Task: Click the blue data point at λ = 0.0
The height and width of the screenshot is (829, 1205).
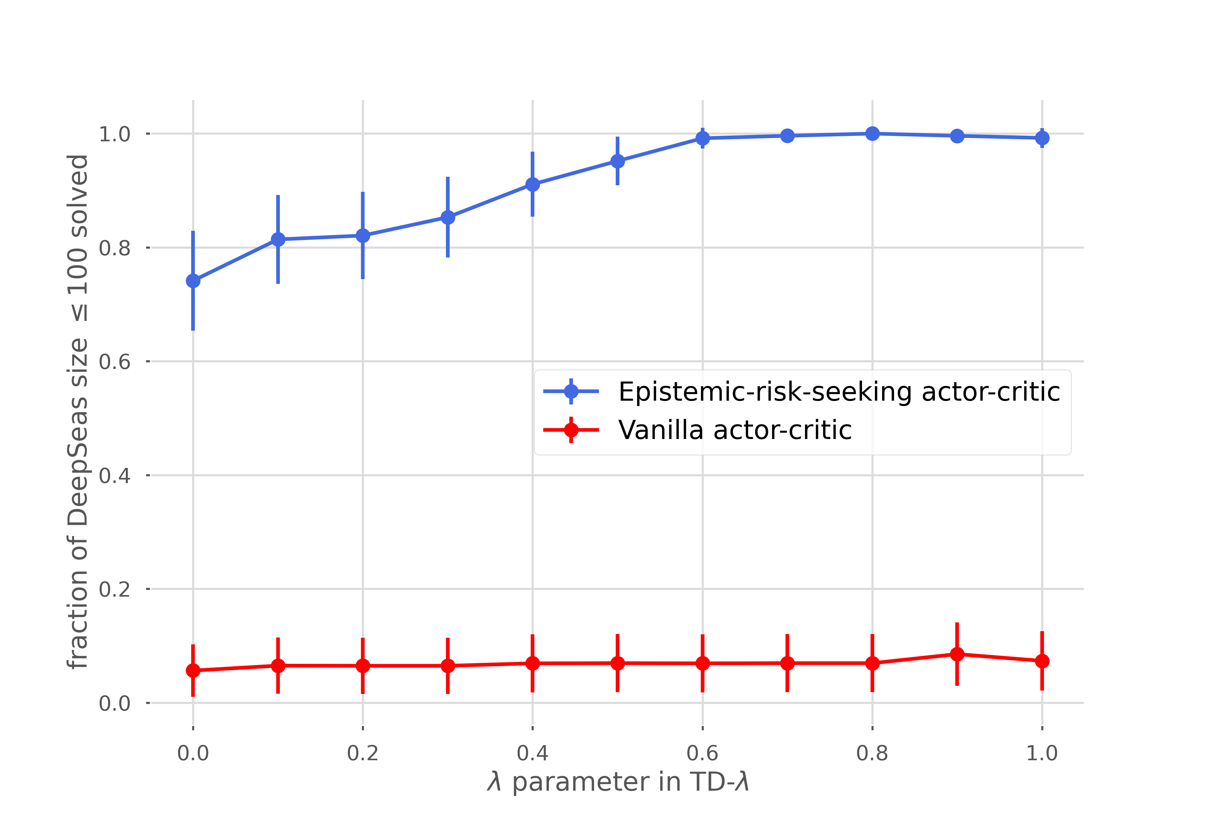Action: click(193, 281)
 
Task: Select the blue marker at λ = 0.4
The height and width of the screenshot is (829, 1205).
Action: click(533, 184)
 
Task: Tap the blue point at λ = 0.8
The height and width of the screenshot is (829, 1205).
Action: click(872, 133)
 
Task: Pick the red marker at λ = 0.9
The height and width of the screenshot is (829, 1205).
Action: click(957, 654)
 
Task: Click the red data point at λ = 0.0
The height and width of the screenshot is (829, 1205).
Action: click(193, 670)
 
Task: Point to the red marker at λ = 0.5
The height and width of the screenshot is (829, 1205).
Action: click(618, 663)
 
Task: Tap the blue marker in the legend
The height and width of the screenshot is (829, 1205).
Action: click(571, 391)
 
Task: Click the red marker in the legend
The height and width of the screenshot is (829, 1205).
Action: click(571, 430)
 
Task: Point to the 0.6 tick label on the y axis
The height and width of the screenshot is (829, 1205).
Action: click(115, 361)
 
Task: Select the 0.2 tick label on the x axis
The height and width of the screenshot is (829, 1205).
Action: click(363, 753)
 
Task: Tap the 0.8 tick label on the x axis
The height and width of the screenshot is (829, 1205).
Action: click(872, 753)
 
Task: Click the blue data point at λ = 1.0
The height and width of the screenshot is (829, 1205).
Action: click(1042, 138)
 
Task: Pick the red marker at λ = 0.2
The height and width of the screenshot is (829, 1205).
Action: click(363, 666)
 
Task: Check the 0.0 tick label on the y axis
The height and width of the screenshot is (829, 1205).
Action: click(115, 703)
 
